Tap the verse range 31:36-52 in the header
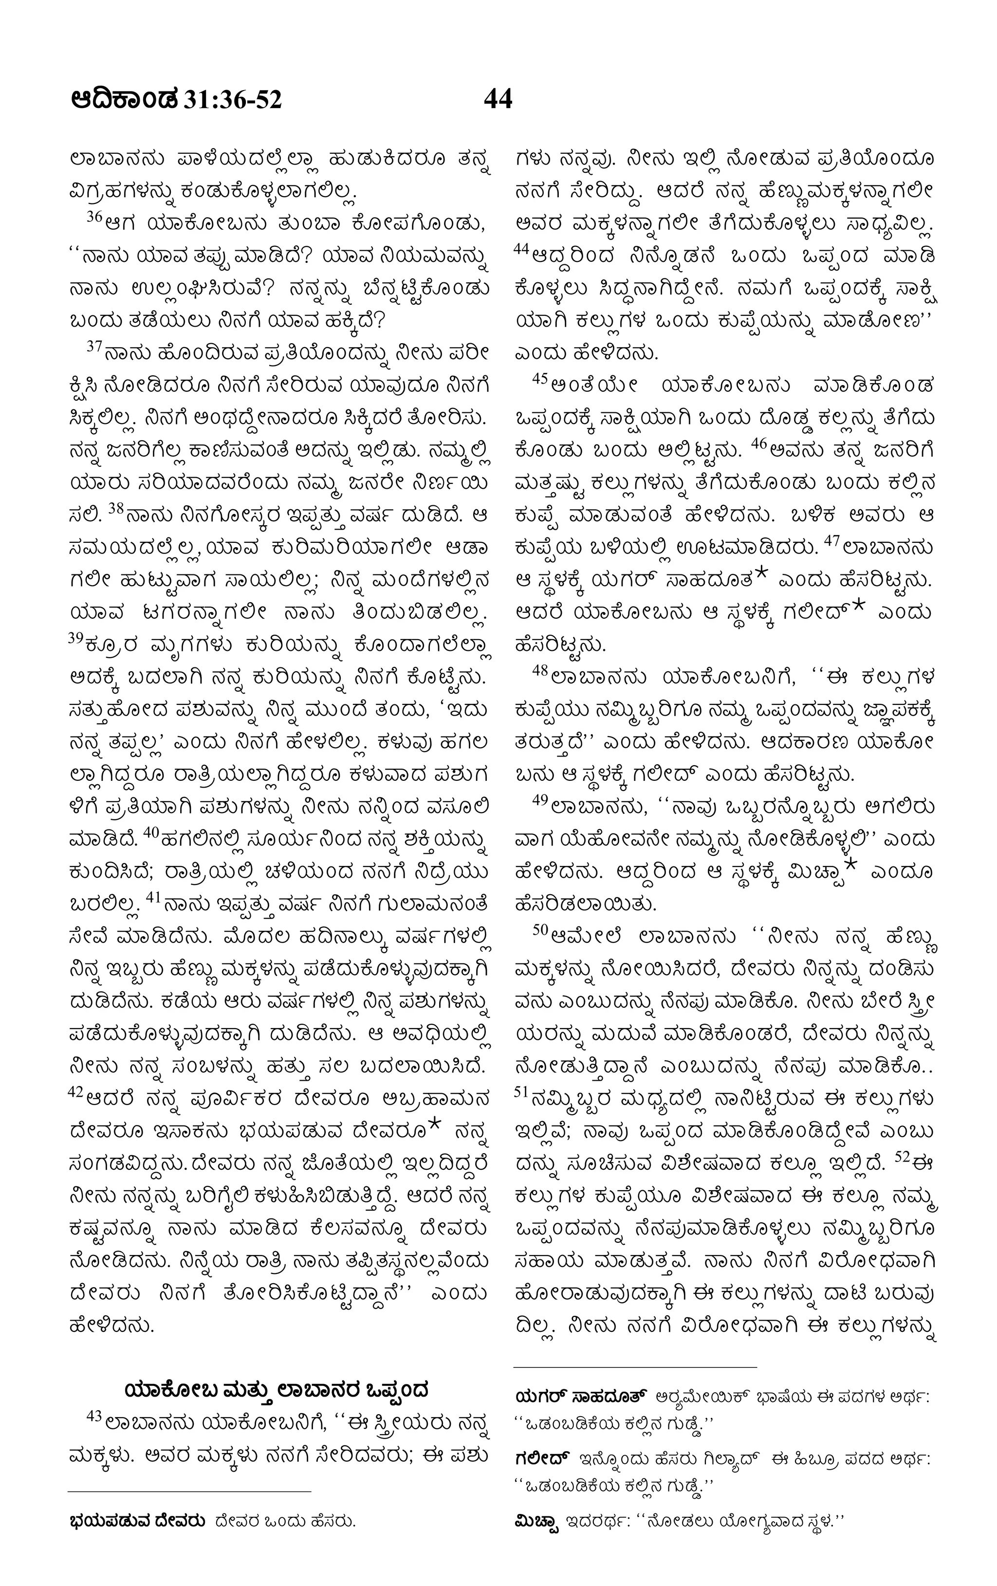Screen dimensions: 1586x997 (x=233, y=99)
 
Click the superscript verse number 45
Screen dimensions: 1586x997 (x=540, y=378)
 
